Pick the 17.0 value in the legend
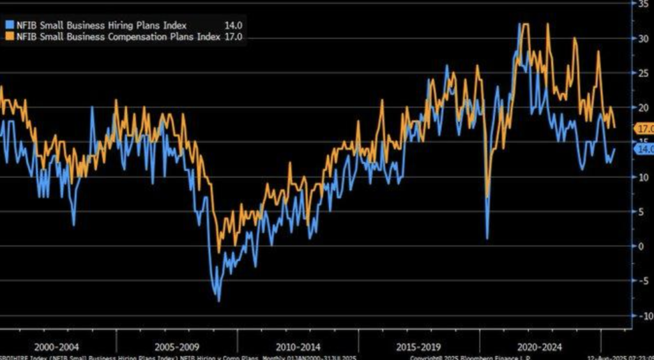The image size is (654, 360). [234, 38]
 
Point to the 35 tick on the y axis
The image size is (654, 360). [640, 4]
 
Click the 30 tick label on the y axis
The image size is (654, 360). [640, 38]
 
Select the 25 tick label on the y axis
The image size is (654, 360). [640, 73]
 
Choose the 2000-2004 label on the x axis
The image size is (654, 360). [58, 347]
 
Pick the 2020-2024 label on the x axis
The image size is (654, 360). [538, 347]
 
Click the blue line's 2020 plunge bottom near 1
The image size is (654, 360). [487, 239]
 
